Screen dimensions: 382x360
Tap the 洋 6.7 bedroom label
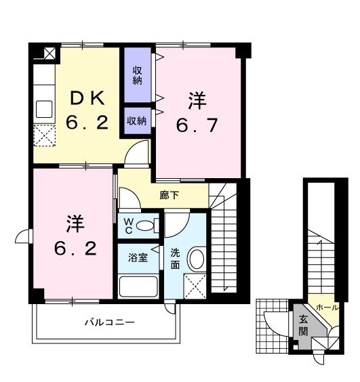pyautogui.click(x=197, y=114)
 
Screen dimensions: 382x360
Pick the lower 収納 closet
pyautogui.click(x=137, y=121)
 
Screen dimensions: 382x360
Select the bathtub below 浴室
pyautogui.click(x=138, y=285)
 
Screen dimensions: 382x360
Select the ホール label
pyautogui.click(x=327, y=307)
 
